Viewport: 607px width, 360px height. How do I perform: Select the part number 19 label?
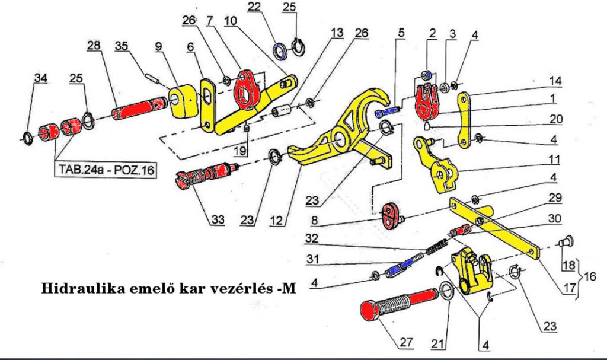pos(239,152)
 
